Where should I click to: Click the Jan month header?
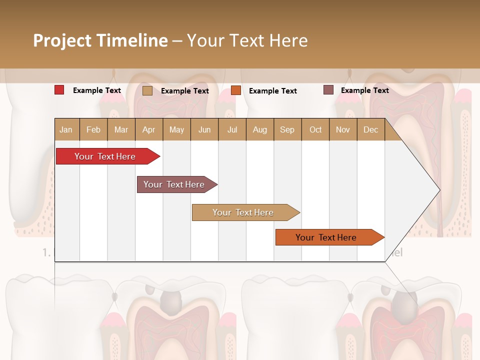click(x=66, y=130)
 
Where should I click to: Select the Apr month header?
click(x=148, y=130)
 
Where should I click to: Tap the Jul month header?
click(x=232, y=130)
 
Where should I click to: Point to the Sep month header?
click(x=287, y=130)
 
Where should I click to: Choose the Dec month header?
click(x=370, y=130)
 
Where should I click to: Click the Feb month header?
click(x=93, y=130)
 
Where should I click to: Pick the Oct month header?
click(x=315, y=130)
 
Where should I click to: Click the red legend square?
click(x=59, y=90)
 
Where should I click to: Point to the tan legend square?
click(x=147, y=90)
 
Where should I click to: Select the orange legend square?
click(x=236, y=90)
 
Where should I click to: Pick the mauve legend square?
click(x=328, y=90)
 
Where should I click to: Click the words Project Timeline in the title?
click(x=100, y=40)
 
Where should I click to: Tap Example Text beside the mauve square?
click(x=364, y=90)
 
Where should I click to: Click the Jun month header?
click(x=204, y=130)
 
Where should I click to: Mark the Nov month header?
click(x=343, y=130)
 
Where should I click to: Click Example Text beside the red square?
click(x=97, y=90)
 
